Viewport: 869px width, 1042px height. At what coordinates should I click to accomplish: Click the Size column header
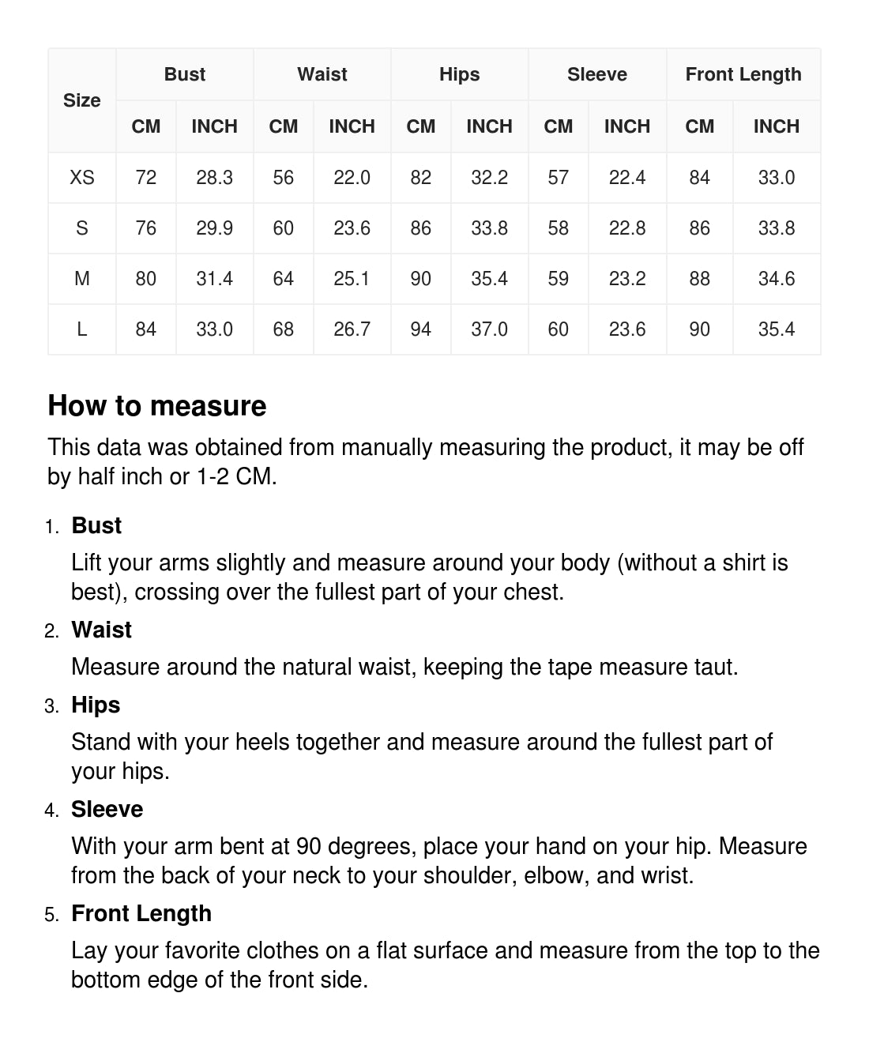click(x=82, y=100)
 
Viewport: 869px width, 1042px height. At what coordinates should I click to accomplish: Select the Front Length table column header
click(x=743, y=74)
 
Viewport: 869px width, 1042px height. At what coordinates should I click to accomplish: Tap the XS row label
click(x=82, y=178)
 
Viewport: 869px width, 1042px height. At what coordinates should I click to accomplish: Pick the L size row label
click(x=82, y=329)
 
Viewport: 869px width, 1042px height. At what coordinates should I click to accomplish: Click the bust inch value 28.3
click(x=214, y=178)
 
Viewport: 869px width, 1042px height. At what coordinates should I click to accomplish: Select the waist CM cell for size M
click(x=283, y=279)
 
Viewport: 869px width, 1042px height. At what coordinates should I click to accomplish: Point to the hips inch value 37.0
click(x=489, y=329)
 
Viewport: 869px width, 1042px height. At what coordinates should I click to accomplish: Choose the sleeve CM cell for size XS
click(x=558, y=178)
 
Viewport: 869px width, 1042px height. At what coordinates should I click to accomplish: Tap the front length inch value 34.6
click(x=776, y=279)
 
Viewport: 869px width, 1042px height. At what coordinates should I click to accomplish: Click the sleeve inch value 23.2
click(x=626, y=279)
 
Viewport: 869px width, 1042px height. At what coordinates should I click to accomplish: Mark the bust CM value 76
click(x=146, y=228)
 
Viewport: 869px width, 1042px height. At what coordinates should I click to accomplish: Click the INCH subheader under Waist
click(x=352, y=126)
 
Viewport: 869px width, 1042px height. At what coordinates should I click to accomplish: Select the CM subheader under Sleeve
click(x=558, y=126)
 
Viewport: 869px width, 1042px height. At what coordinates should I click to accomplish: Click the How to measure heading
click(x=157, y=406)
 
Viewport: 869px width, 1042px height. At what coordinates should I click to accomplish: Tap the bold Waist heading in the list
click(x=101, y=630)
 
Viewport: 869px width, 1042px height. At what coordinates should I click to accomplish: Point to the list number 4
click(x=51, y=811)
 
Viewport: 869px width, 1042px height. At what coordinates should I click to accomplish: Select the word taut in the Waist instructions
click(x=713, y=667)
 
